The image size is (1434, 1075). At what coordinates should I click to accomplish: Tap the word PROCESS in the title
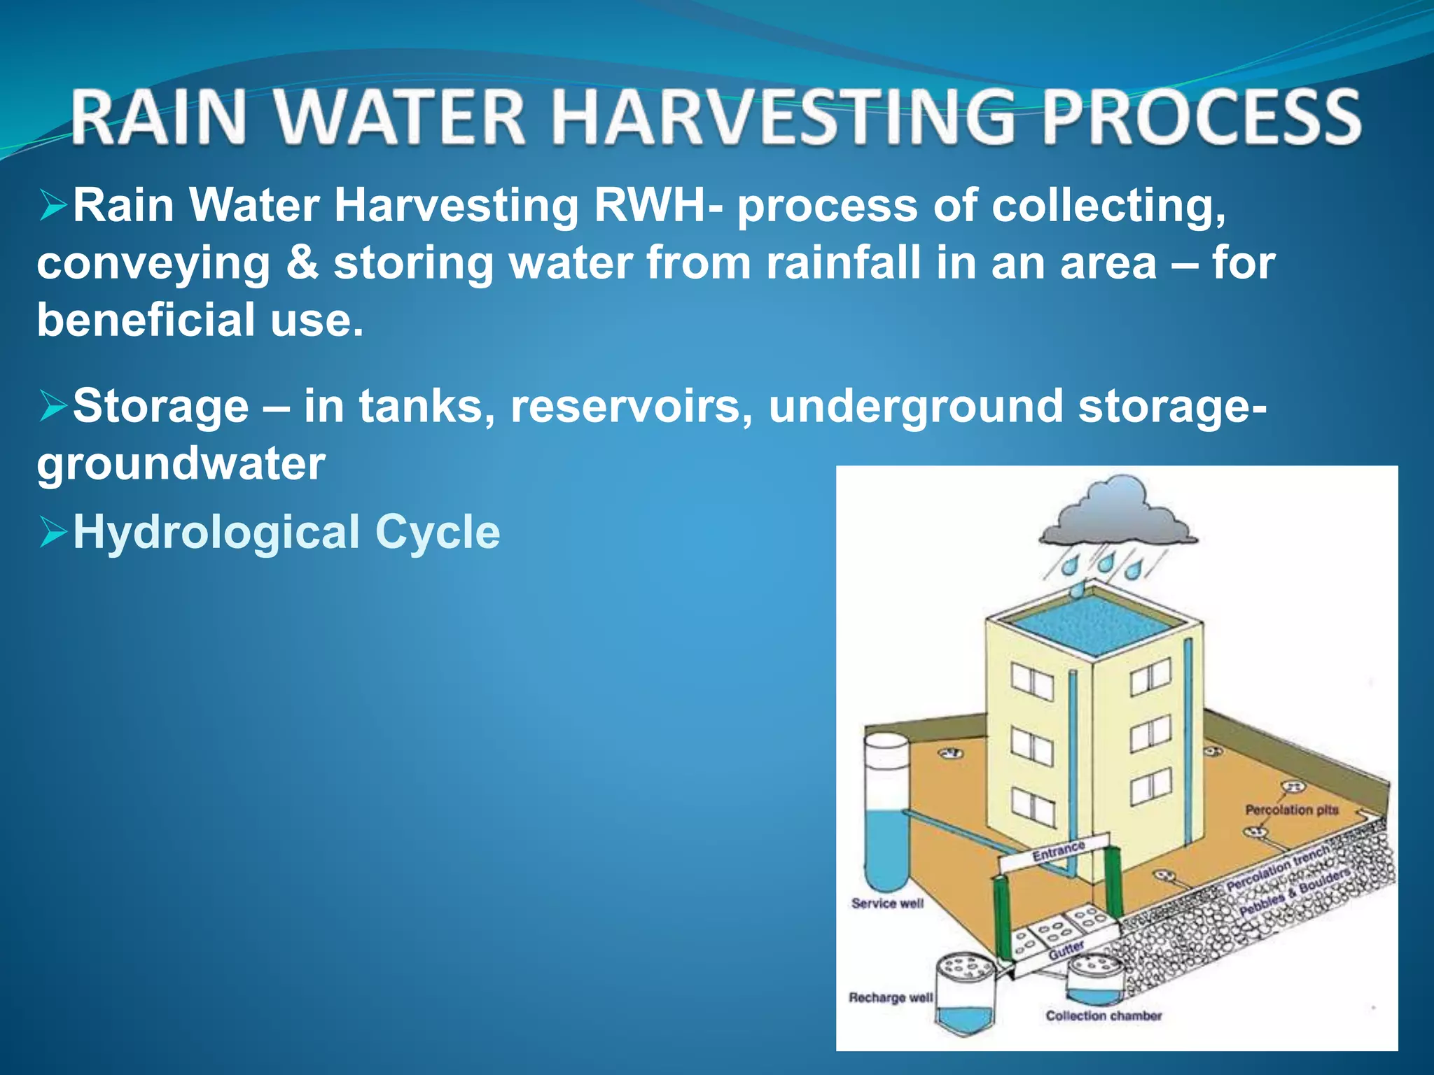click(1201, 117)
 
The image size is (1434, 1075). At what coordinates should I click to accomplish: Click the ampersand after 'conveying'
click(302, 262)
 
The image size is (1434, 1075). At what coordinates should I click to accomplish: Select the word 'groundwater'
click(181, 463)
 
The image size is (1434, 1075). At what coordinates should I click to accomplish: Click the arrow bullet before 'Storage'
click(53, 407)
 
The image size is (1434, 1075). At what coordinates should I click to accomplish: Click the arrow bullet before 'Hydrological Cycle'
click(53, 533)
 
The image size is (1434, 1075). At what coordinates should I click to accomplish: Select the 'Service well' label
click(887, 904)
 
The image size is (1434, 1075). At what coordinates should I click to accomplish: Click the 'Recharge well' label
click(890, 997)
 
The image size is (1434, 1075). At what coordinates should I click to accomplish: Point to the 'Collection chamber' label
click(1104, 1016)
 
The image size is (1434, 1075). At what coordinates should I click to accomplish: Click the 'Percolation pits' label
click(1291, 810)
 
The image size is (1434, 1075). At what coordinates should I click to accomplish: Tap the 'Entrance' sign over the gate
click(1058, 852)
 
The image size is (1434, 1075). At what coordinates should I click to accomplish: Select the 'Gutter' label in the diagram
click(1066, 950)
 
